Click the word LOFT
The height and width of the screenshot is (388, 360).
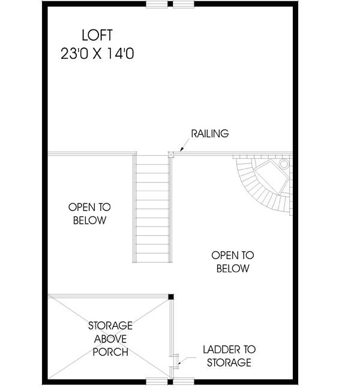pyautogui.click(x=97, y=34)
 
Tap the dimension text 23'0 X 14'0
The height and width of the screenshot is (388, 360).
pyautogui.click(x=97, y=53)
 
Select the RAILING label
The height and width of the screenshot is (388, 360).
pyautogui.click(x=209, y=134)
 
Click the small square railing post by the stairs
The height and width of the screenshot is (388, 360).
pyautogui.click(x=171, y=154)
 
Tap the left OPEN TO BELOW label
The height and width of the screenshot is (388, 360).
pyautogui.click(x=89, y=213)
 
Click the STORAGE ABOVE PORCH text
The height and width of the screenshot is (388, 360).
pyautogui.click(x=110, y=338)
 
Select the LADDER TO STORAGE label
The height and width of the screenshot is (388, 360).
pyautogui.click(x=229, y=356)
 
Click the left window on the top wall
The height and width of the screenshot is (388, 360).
pyautogui.click(x=158, y=4)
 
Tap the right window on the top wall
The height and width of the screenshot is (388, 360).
pyautogui.click(x=184, y=4)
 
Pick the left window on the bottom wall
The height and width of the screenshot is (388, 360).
pyautogui.click(x=158, y=380)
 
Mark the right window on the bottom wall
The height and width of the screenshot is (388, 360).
pyautogui.click(x=184, y=380)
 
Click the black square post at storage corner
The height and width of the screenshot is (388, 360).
pyautogui.click(x=171, y=296)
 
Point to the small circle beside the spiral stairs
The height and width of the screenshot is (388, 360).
pyautogui.click(x=284, y=163)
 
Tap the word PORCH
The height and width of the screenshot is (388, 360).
pyautogui.click(x=110, y=351)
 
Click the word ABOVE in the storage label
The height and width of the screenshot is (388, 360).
pyautogui.click(x=110, y=338)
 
